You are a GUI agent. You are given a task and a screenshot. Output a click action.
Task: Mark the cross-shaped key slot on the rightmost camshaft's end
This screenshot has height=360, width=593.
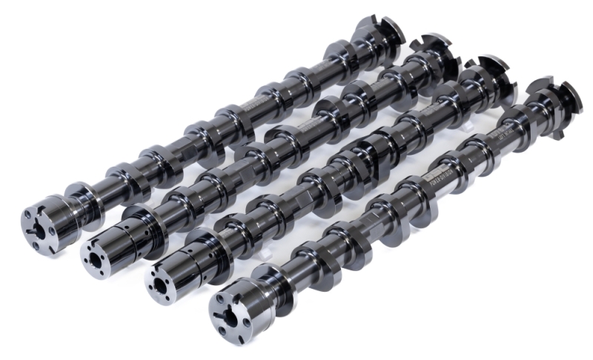tap(225, 317)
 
